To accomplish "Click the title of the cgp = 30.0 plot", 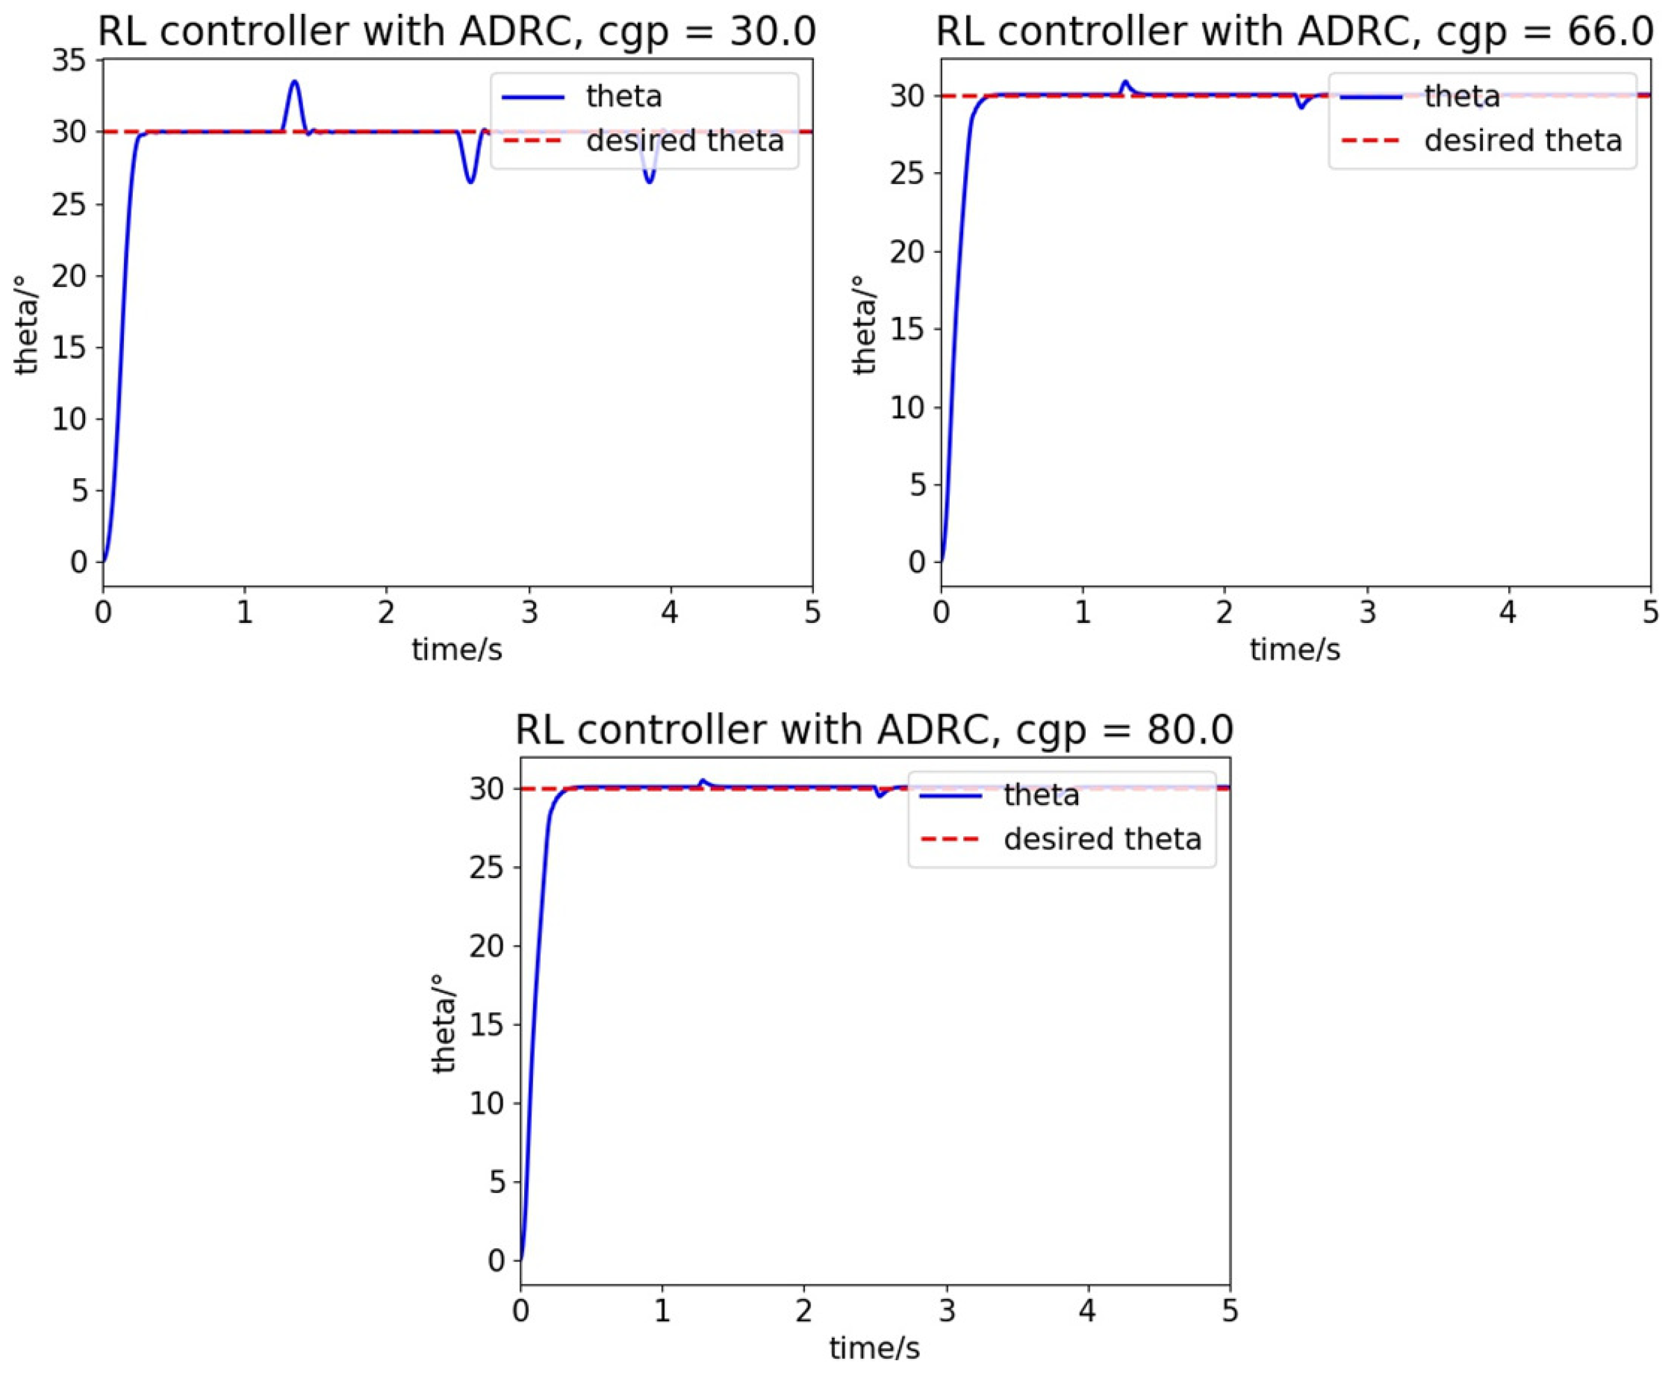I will pos(457,32).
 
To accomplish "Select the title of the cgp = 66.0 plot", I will pos(1295,32).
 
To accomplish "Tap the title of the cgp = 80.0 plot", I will pos(874,729).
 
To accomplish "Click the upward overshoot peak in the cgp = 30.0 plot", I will pos(295,81).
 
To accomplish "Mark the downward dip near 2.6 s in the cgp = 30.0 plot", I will pos(470,182).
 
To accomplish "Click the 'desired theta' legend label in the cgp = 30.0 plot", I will pos(685,140).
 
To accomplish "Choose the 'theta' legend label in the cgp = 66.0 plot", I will pos(1461,97).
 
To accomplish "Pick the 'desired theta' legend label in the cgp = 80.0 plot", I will pos(1102,838).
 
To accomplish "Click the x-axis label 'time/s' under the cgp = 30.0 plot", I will pos(457,650).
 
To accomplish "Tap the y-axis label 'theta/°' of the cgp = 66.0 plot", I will pos(865,324).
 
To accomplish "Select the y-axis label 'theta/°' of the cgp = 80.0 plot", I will pos(445,1024).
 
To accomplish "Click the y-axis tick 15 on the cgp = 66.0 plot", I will pos(907,330).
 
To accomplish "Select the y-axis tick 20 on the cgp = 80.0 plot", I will pos(486,946).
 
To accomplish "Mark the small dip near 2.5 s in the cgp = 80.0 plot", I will pos(880,796).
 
